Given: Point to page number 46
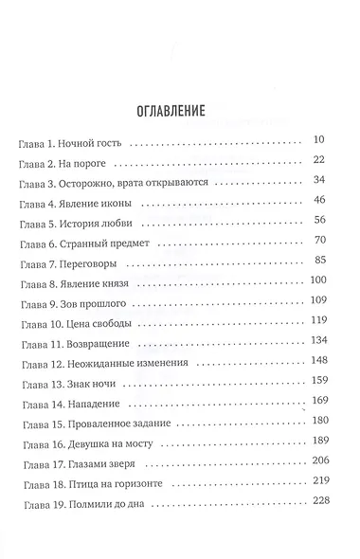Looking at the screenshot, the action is (318, 199).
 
